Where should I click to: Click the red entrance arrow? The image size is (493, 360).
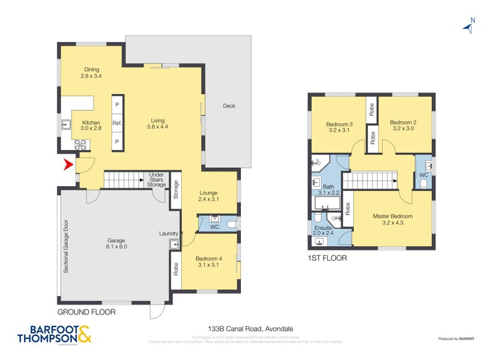click(68, 165)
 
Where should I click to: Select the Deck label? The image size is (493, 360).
click(229, 106)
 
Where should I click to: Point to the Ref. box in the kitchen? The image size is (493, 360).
click(117, 123)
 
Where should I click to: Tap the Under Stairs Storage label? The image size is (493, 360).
click(157, 180)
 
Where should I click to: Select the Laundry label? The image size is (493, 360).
click(168, 234)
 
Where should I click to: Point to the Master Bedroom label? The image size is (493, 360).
click(392, 219)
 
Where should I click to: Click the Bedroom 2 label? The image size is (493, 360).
click(404, 126)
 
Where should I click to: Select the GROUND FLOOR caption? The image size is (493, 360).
click(86, 312)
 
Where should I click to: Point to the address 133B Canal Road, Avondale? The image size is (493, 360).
click(246, 329)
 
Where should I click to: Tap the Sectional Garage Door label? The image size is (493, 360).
click(65, 247)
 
